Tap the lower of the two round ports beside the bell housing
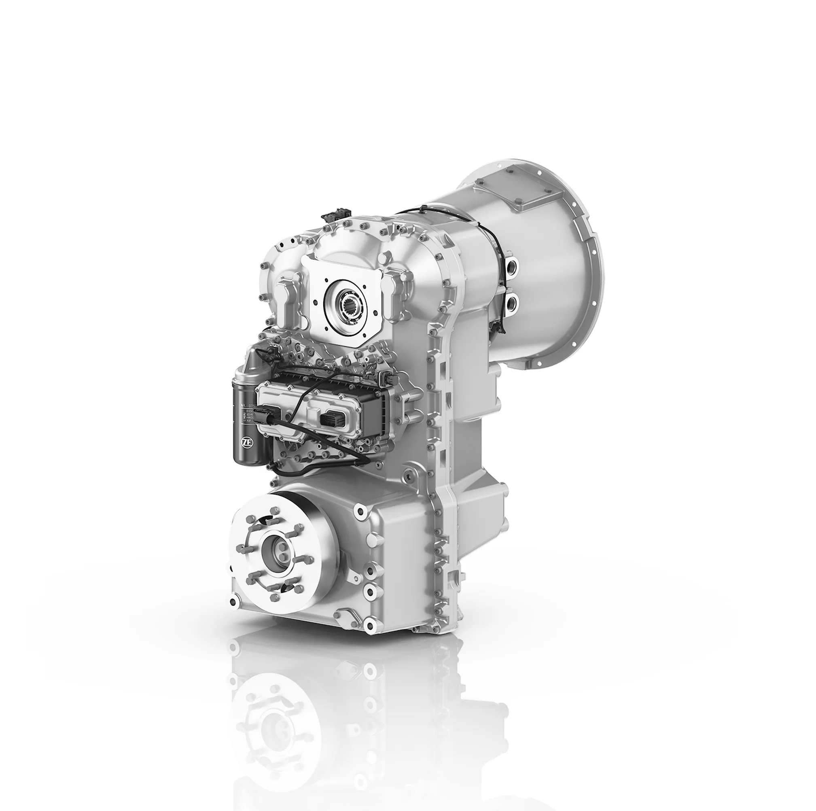tap(512, 301)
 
